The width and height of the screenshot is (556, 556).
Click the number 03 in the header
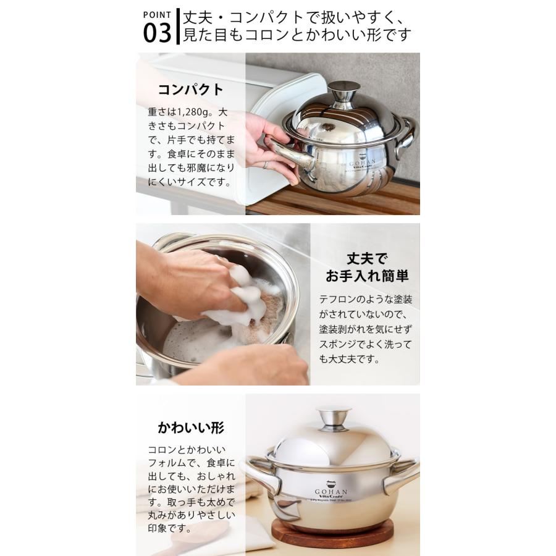pos(156,33)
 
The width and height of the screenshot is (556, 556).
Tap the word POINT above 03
pos(157,14)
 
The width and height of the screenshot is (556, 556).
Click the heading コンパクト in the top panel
pos(190,89)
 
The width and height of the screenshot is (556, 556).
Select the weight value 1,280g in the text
pos(193,113)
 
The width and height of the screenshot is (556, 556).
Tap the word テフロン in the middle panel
pos(337,299)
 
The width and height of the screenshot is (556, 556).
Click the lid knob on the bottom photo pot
pos(333,419)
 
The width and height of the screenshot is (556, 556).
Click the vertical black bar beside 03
pos(178,26)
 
